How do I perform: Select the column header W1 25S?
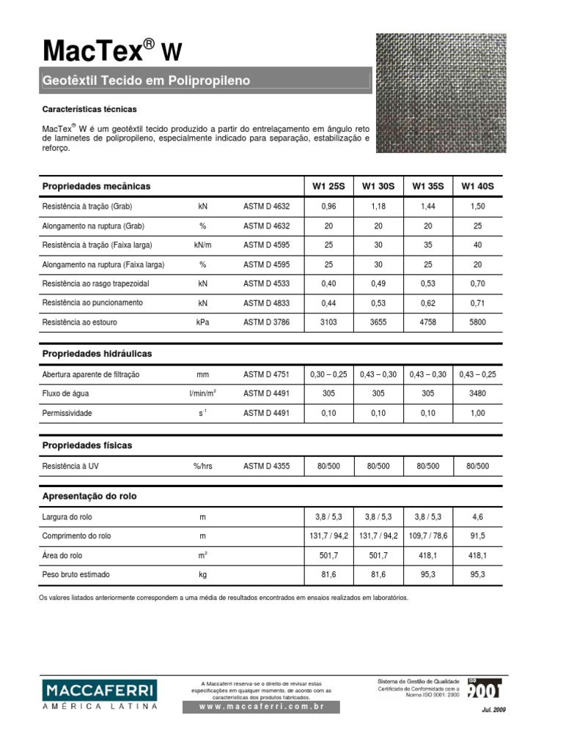click(328, 187)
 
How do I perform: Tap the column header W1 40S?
click(477, 187)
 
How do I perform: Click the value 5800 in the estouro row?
click(478, 321)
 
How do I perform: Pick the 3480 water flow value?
click(478, 393)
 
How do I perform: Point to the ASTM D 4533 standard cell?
click(267, 283)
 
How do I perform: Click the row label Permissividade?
click(67, 413)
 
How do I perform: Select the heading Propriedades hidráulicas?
click(97, 354)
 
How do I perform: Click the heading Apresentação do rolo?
click(89, 496)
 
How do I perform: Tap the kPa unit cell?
click(203, 321)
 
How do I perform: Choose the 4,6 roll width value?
click(478, 517)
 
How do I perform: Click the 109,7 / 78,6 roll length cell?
click(428, 536)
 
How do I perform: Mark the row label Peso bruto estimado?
click(76, 575)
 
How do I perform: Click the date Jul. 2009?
click(493, 710)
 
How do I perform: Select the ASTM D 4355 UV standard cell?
click(267, 466)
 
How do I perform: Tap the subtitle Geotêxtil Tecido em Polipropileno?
click(147, 81)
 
